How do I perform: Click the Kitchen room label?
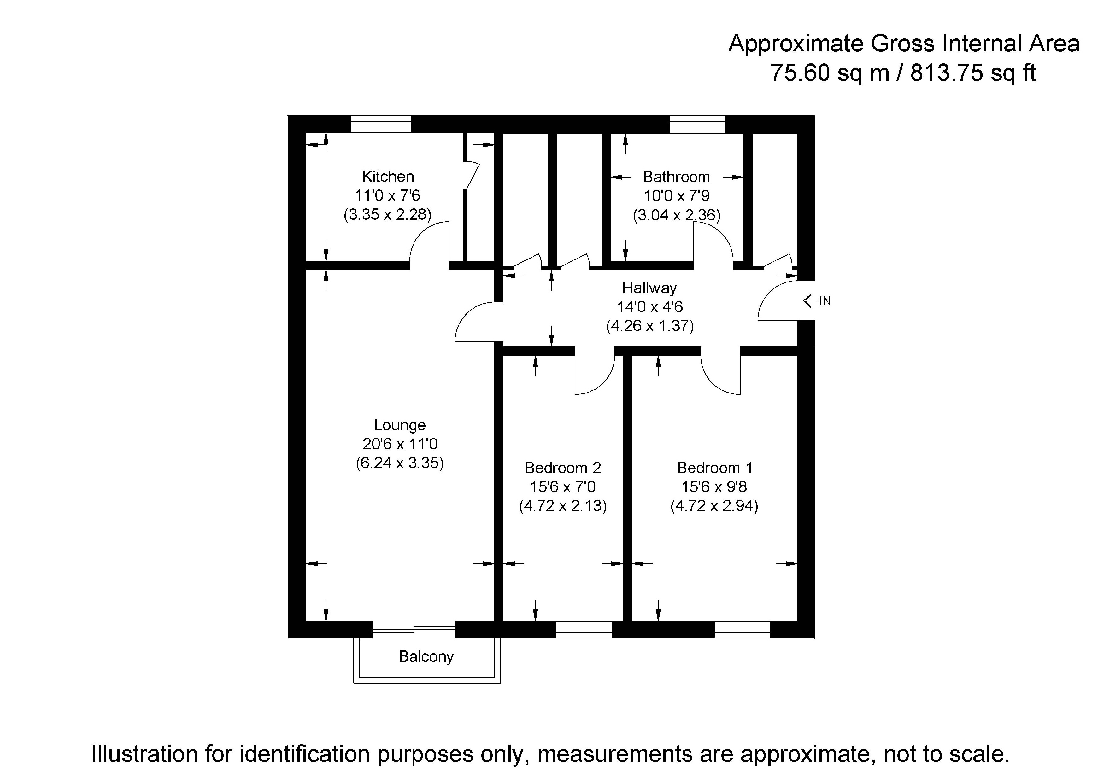(388, 177)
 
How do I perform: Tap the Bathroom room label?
(676, 177)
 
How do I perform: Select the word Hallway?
(649, 288)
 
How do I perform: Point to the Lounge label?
(400, 425)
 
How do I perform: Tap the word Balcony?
(426, 656)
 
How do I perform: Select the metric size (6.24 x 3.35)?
(400, 463)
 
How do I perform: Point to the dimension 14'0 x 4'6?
(649, 307)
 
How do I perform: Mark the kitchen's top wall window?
(380, 124)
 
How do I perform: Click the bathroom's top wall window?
(697, 124)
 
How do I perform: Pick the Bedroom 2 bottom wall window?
(584, 630)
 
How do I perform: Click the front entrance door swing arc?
(774, 301)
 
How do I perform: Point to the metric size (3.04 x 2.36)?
(676, 215)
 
